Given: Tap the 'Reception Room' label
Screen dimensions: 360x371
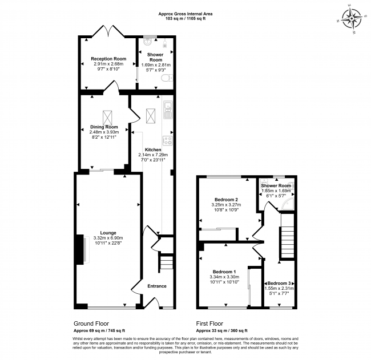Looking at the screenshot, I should [x=108, y=59].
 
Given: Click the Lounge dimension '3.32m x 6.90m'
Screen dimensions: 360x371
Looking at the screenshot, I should [x=108, y=238].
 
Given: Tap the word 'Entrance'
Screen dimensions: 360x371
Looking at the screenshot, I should [x=157, y=286].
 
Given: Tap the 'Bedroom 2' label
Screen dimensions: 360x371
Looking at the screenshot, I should [x=226, y=200].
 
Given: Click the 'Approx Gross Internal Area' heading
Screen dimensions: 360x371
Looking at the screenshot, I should [x=185, y=14].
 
